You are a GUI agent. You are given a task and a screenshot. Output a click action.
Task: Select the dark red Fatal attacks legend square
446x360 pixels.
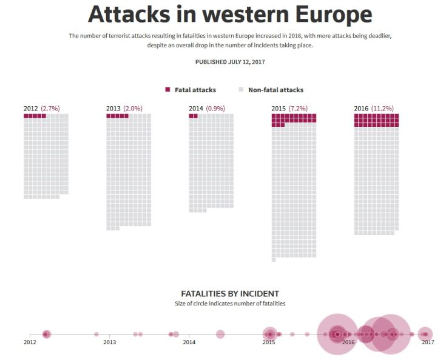[167, 90]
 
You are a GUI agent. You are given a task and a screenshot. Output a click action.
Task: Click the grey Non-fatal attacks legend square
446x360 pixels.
[241, 90]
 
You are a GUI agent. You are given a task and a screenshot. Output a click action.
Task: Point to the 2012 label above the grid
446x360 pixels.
[31, 109]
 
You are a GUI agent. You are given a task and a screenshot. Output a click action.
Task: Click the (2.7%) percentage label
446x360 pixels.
[50, 109]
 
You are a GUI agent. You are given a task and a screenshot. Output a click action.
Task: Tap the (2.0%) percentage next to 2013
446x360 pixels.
[133, 109]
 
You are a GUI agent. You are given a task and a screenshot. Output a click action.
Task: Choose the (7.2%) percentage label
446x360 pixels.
[298, 109]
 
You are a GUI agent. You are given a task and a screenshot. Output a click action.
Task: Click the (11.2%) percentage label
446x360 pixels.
[382, 109]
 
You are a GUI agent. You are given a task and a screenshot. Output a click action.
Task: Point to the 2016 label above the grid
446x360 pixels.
[361, 109]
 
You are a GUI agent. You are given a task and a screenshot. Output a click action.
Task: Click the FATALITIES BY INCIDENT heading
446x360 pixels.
[230, 293]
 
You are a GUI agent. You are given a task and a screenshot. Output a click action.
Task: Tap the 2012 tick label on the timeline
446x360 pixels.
[30, 342]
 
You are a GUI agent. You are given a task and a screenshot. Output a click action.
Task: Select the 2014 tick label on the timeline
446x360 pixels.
[189, 342]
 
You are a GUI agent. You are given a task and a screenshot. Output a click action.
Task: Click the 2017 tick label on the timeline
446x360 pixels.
[428, 342]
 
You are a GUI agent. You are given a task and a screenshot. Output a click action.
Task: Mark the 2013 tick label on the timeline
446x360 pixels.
[110, 342]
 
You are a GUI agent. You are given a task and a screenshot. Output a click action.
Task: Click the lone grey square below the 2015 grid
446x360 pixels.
[274, 260]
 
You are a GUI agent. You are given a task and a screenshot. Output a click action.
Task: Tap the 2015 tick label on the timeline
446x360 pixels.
[269, 342]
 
